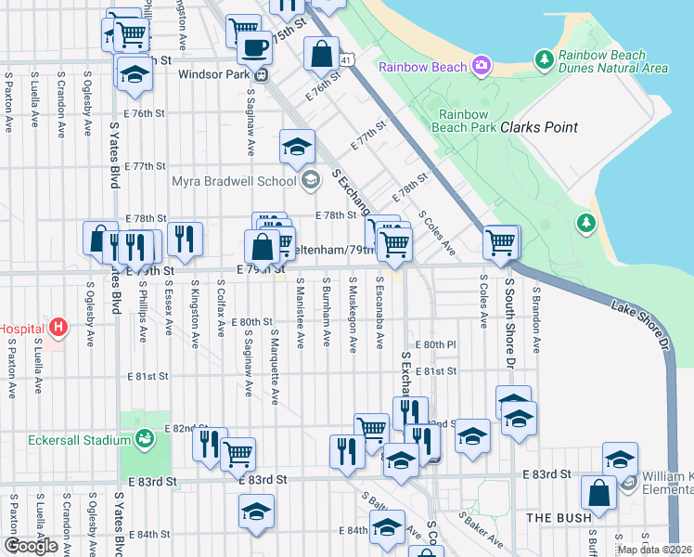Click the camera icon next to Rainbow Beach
coord(482,67)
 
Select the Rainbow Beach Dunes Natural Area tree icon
coord(545,61)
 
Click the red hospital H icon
coord(59,327)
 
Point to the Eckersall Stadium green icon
coord(144,437)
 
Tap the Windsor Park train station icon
coord(263,74)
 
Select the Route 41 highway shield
coord(345,59)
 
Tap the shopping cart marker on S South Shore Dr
coord(501,242)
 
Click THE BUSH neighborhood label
coord(554,516)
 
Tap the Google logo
coord(31,546)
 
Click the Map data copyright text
coord(653,550)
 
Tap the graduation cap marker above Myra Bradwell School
coord(297,147)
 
